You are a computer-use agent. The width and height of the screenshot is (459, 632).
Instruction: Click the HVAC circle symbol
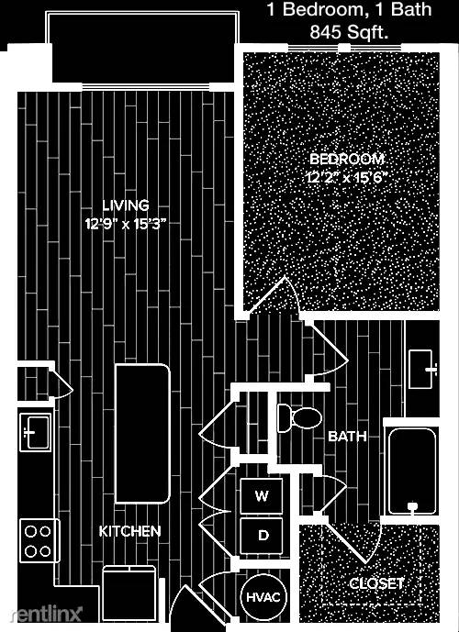[x=263, y=596]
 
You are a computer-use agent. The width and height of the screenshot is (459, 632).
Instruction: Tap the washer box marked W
[x=262, y=495]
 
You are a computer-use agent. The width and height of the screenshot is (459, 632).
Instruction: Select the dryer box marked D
[x=262, y=536]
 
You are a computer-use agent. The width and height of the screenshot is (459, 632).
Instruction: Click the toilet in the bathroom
[x=299, y=418]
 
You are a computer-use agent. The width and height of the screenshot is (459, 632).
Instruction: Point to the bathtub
[x=411, y=471]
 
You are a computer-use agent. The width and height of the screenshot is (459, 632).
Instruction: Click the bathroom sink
[x=422, y=369]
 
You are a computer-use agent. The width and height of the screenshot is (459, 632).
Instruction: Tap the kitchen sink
[x=36, y=433]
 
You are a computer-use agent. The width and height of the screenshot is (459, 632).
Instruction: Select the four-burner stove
[x=39, y=540]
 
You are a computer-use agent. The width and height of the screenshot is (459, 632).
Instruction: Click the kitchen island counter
[x=142, y=433]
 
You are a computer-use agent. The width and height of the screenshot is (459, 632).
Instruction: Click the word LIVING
[x=126, y=205]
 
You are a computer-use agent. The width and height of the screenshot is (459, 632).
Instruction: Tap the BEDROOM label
[x=347, y=160]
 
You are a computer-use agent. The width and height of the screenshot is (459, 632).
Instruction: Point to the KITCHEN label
[x=129, y=531]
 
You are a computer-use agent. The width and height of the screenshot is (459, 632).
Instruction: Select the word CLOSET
[x=375, y=583]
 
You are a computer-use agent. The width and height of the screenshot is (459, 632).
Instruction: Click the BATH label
[x=347, y=436]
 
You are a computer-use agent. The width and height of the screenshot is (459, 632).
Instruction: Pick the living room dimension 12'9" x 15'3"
[x=126, y=223]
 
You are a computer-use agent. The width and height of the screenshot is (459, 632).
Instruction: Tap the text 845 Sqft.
[x=349, y=33]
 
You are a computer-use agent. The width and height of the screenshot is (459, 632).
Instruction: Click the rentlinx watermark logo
[x=46, y=615]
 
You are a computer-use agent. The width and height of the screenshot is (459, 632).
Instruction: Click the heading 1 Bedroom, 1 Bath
[x=349, y=10]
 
